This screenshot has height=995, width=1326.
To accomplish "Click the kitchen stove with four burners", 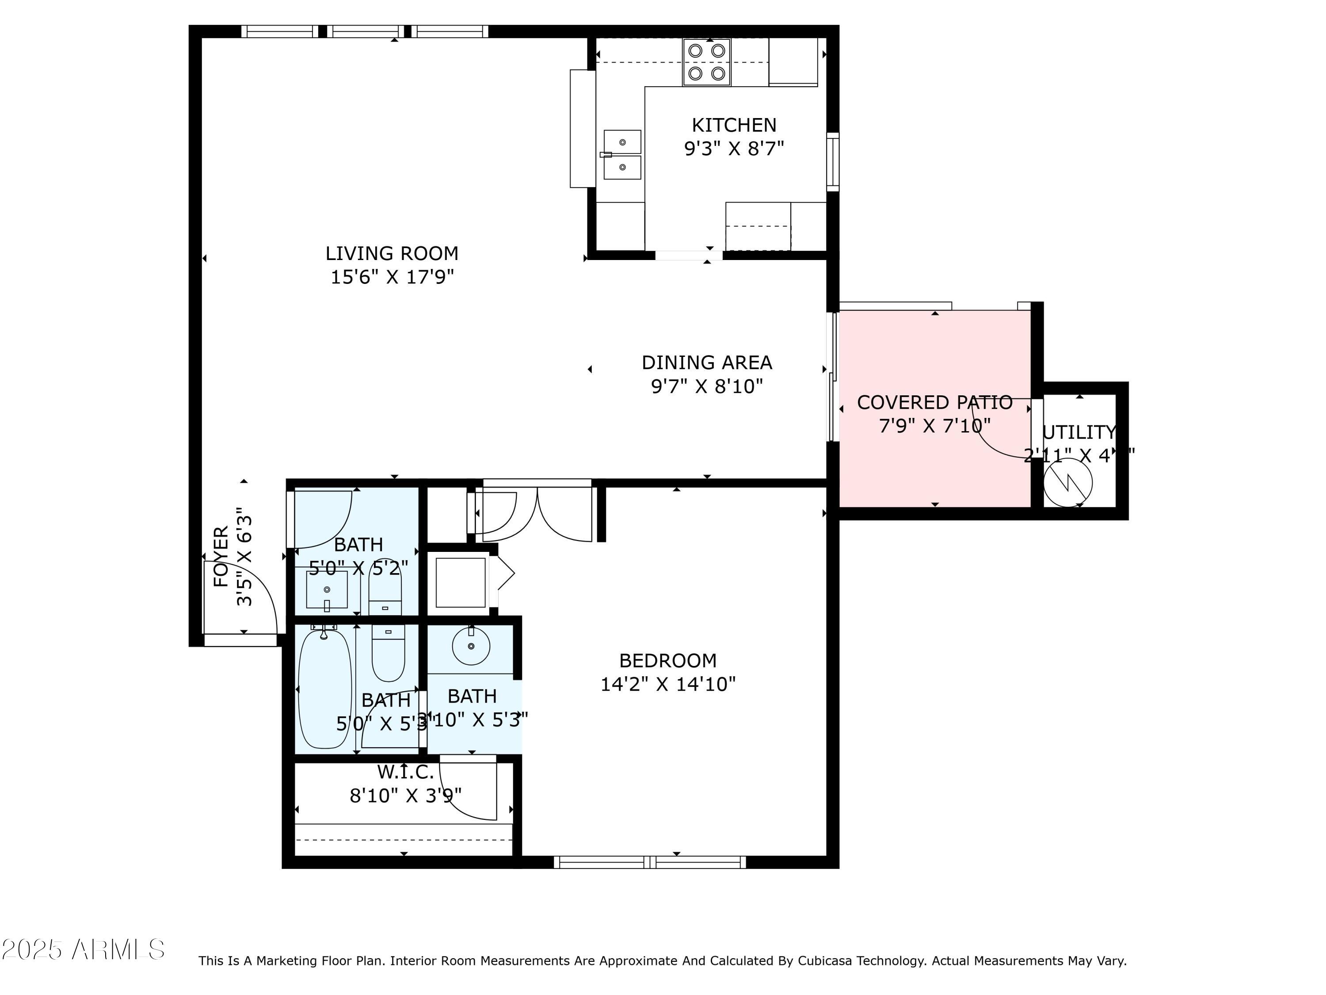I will [x=706, y=62].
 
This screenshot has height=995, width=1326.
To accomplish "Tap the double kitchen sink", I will [x=622, y=154].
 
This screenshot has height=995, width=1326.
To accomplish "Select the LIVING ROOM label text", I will [x=392, y=253].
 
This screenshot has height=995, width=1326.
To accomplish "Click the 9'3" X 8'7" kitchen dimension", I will [x=734, y=148].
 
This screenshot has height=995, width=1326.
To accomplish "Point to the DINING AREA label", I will [x=707, y=362].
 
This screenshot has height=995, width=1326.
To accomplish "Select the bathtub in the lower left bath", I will [x=325, y=688].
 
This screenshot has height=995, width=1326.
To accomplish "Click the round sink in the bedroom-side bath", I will [x=471, y=646].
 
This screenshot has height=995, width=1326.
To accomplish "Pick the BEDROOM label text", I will [x=668, y=660].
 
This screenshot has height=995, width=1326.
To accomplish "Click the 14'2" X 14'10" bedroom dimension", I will [x=668, y=684].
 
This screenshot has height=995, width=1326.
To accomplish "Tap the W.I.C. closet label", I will [x=405, y=771].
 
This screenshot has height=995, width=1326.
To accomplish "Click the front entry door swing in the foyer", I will [x=252, y=594].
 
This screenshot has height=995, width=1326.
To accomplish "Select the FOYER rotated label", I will [x=221, y=557].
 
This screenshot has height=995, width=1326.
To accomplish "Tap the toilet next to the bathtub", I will [x=388, y=654].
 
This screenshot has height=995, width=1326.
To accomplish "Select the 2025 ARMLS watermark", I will [x=83, y=949].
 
